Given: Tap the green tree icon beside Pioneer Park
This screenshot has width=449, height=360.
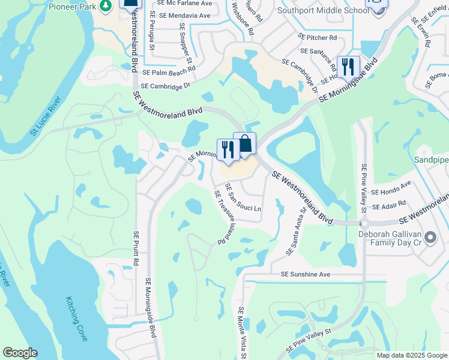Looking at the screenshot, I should click(x=106, y=5).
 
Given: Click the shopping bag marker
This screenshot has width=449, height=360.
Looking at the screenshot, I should click(x=245, y=144).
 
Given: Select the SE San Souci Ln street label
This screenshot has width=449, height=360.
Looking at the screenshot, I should click(x=243, y=198).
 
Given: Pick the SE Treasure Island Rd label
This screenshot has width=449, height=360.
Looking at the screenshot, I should click(x=220, y=217).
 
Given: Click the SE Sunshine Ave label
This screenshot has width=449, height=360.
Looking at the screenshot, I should click(x=306, y=274).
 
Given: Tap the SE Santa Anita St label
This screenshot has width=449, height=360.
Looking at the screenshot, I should click(x=297, y=228).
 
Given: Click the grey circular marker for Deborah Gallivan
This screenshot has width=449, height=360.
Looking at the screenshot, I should click(x=430, y=238).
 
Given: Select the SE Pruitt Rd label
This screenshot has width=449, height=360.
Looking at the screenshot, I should click(x=136, y=248).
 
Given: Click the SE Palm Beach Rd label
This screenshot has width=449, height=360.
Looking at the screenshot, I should click(x=169, y=71).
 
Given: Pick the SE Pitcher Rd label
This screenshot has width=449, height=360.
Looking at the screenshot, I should click(x=317, y=37).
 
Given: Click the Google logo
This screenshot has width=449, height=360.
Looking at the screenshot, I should click(x=20, y=353).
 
